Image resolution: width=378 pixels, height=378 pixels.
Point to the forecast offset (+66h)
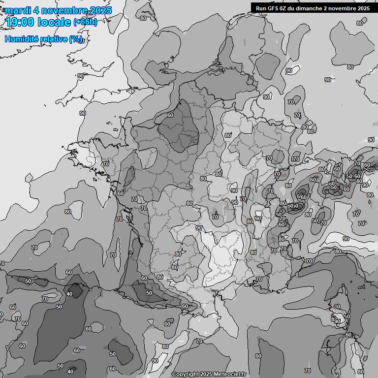pyautogui.click(x=85, y=22)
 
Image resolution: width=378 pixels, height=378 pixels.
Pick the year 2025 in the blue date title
pyautogui.click(x=101, y=10)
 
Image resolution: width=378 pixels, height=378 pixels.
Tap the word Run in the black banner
pyautogui.click(x=261, y=8)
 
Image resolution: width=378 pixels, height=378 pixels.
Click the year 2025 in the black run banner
pyautogui.click(x=363, y=8)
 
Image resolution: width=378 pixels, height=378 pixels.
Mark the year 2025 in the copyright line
pyautogui.click(x=206, y=374)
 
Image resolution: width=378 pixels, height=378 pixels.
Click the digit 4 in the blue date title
pyautogui.click(x=36, y=10)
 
